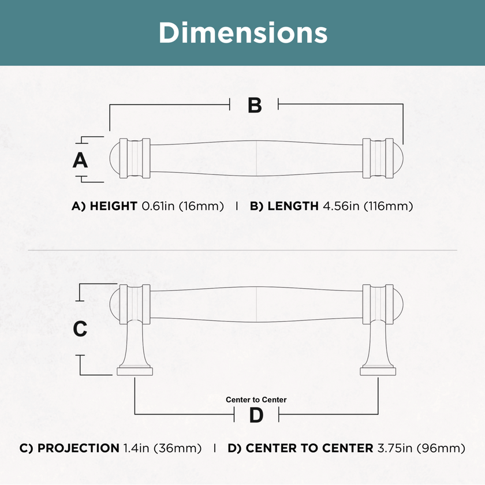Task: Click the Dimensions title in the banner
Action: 243,33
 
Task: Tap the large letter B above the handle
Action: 255,105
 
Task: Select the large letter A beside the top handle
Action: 80,161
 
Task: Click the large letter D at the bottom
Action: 256,415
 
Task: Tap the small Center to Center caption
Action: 256,400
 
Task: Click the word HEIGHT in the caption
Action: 113,206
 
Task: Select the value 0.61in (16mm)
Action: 182,206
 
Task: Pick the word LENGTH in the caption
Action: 293,206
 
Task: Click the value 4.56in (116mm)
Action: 368,206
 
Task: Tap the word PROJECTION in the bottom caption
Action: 79,448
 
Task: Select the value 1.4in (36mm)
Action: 162,448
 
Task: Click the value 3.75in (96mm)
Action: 421,448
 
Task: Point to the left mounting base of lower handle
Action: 135,371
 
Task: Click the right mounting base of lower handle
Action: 378,371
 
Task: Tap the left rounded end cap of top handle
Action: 115,158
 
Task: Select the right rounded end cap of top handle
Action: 398,158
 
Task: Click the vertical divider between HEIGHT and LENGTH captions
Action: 237,206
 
